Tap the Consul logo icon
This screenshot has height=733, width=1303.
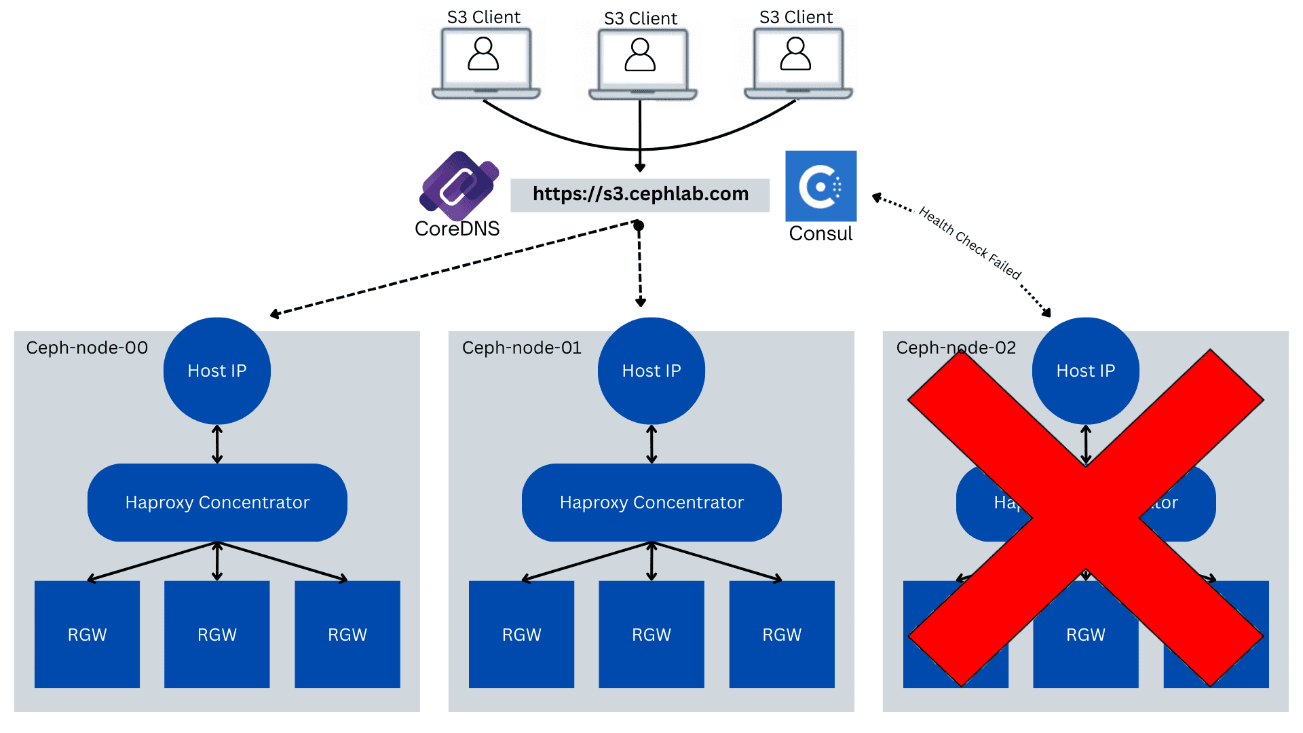[x=820, y=186]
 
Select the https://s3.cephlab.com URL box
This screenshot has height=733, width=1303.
[x=640, y=195]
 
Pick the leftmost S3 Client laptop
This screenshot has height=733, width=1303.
[x=485, y=62]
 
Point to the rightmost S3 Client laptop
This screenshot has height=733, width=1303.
[x=797, y=62]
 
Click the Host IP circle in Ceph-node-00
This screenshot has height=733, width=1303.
[x=217, y=371]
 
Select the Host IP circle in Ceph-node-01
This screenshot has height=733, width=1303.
[x=651, y=371]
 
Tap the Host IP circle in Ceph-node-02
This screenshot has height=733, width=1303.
[x=1086, y=371]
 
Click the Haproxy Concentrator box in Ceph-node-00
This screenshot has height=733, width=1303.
[x=217, y=502]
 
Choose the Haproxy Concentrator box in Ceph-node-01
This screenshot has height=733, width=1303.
[x=651, y=502]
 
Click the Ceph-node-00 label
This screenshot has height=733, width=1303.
[x=87, y=347]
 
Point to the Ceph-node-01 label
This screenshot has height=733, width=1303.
[x=522, y=347]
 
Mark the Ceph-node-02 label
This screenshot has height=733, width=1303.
[x=956, y=347]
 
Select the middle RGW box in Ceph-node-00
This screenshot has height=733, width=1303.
[x=217, y=635]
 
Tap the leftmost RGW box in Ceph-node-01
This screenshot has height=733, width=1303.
[x=521, y=635]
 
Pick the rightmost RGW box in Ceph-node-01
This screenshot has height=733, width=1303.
[x=782, y=635]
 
